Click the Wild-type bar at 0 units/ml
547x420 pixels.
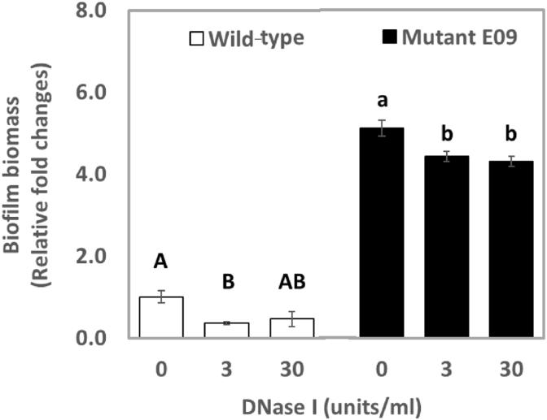click(160, 318)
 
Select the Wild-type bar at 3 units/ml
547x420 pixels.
click(225, 330)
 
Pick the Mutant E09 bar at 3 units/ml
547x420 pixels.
click(447, 247)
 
